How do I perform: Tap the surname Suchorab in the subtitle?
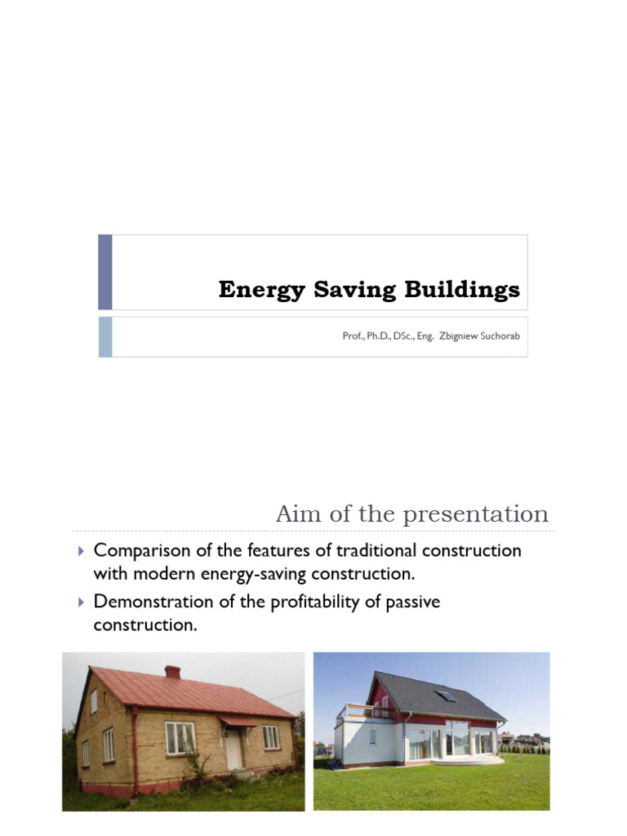tap(495, 336)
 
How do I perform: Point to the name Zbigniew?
tap(444, 336)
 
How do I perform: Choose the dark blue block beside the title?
tap(104, 272)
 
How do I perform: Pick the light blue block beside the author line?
tap(104, 337)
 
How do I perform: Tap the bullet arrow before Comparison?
tap(80, 551)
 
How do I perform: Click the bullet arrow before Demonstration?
tap(80, 603)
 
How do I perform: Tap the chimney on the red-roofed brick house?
tap(172, 672)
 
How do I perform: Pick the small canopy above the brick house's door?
tap(234, 722)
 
